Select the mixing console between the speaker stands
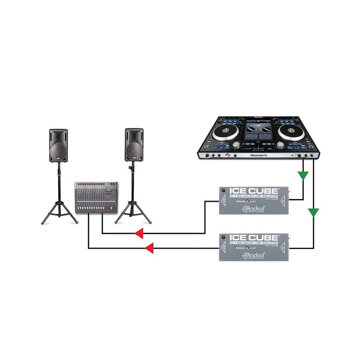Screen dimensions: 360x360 coord(96,197)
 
